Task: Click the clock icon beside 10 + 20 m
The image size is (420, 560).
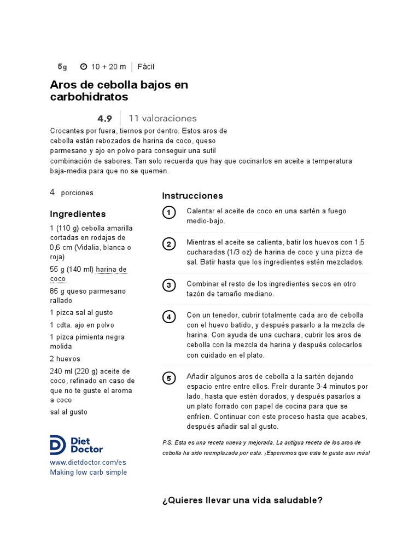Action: coord(84,67)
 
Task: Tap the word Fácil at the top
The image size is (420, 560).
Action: coord(146,67)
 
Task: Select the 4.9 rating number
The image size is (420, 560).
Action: coord(104,119)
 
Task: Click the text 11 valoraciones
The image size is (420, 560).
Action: coord(162,118)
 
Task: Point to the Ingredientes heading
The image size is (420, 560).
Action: coord(78,214)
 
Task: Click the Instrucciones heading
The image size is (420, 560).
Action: coord(192,196)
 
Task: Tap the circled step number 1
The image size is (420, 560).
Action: coord(169,213)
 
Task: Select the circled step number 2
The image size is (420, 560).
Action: coord(169,244)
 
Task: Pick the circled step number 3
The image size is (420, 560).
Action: coord(169,285)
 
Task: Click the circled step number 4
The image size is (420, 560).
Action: coord(169,317)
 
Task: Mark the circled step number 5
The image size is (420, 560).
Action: coord(169,378)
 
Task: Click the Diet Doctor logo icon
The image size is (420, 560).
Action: coord(59,445)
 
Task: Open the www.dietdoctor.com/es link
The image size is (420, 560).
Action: coord(88,463)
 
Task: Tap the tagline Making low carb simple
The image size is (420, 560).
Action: coord(88,472)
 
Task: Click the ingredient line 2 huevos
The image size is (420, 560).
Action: coord(65,359)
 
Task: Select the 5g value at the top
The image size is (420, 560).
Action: coord(62,67)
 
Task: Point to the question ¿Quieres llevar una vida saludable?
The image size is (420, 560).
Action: coord(242,500)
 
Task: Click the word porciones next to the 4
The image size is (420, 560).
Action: coord(77,193)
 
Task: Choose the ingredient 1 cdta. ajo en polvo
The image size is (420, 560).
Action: coord(81,325)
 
